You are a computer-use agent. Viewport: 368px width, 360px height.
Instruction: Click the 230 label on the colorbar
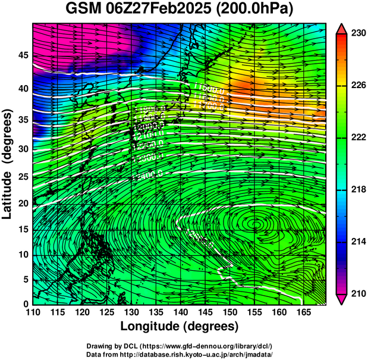coord(358,34)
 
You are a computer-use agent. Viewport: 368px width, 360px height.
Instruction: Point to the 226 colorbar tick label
coord(358,86)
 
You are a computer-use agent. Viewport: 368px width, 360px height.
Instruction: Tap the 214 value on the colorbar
coord(358,242)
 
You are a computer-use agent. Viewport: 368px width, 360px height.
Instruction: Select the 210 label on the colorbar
coord(358,293)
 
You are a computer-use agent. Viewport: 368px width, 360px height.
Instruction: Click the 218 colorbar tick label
coord(358,190)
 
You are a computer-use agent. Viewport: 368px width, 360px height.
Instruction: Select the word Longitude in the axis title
coord(151,327)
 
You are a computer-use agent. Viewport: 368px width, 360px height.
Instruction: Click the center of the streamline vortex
coord(256,223)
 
